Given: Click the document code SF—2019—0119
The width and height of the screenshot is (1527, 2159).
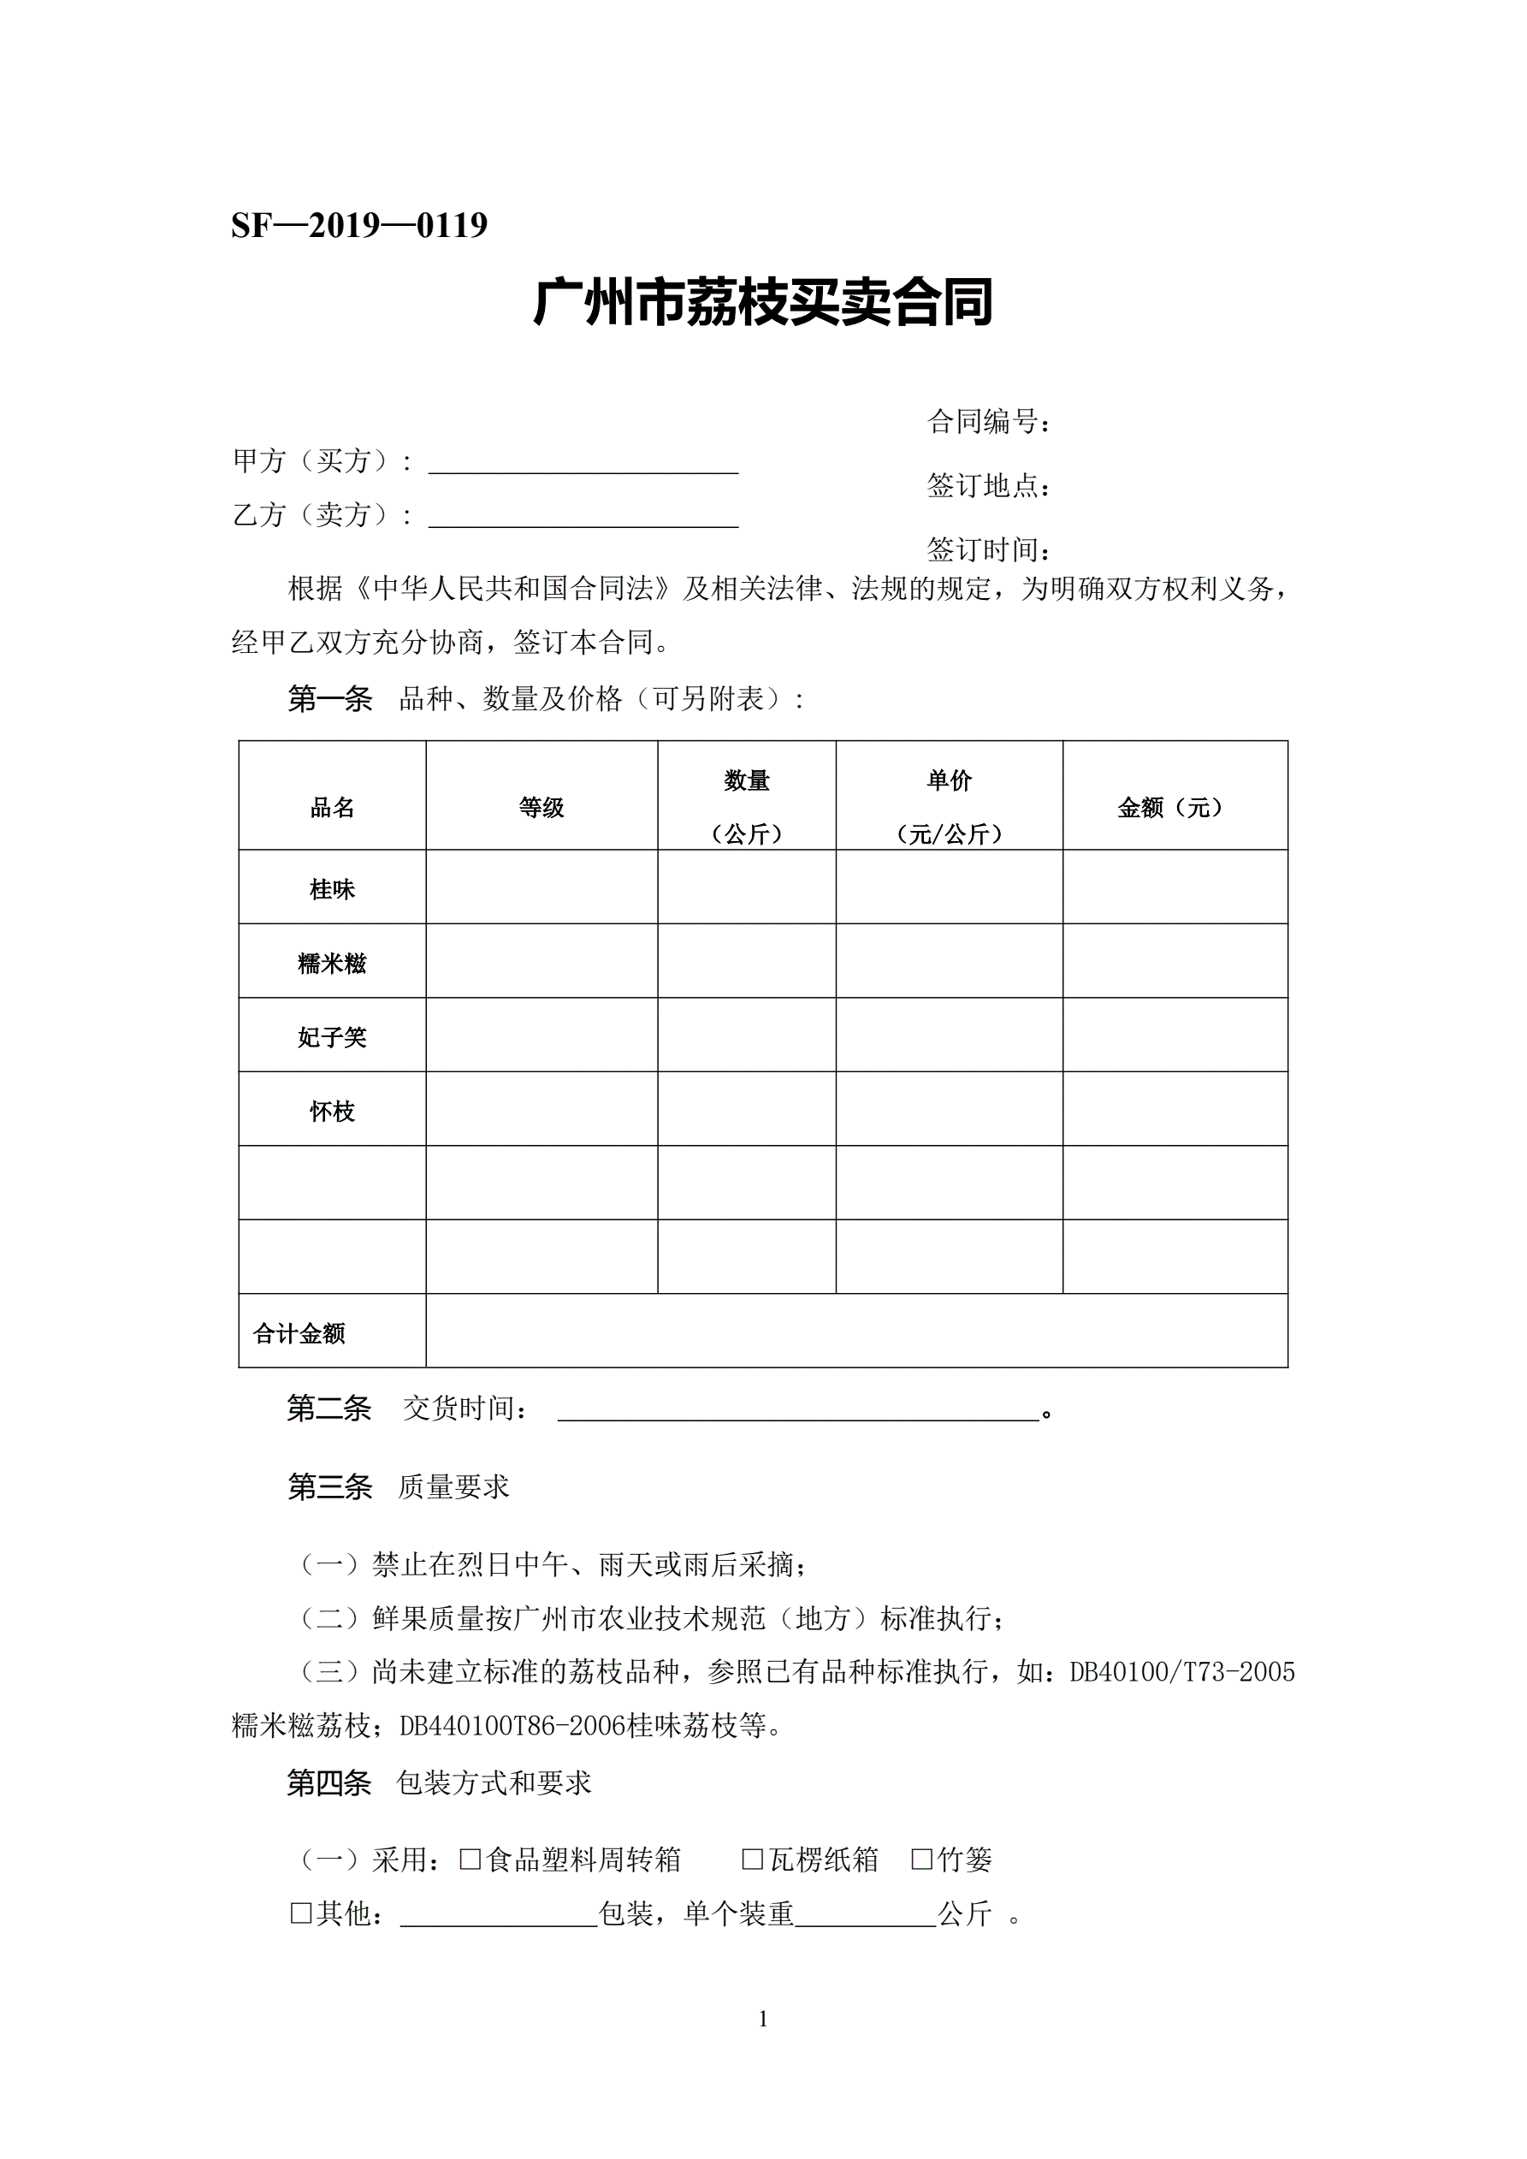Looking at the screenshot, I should pos(359,226).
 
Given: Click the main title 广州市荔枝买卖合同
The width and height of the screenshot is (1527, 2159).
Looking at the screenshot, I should pos(762,303).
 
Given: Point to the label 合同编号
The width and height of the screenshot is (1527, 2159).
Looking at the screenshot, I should pos(988,422).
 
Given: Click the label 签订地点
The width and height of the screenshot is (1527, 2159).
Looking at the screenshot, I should pos(988,486).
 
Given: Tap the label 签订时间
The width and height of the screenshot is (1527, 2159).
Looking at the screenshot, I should pos(988,549).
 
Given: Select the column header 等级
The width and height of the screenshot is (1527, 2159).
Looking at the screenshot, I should pos(541,808).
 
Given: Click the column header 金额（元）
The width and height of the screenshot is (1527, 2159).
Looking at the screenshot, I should pos(1175,808).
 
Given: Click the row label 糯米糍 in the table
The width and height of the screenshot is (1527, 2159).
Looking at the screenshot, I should pos(332,963).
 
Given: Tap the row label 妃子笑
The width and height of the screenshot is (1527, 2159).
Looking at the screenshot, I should pos(332,1037).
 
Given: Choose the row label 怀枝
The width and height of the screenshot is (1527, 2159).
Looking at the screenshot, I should pos(332,1112).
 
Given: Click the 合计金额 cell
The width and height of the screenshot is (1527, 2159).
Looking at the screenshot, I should pos(299,1333).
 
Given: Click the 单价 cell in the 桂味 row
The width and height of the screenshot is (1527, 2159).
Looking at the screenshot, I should pos(949,887).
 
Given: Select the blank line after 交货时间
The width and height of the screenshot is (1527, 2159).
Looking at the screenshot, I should pos(797,1408).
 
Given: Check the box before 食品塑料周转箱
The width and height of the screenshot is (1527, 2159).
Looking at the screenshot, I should pos(471,1859).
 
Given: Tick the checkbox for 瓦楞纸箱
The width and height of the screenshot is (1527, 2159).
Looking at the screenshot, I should pos(752,1859).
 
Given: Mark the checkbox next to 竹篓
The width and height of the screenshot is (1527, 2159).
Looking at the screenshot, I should pos(921,1859).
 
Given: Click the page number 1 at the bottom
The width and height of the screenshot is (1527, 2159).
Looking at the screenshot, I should pos(762,2019).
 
